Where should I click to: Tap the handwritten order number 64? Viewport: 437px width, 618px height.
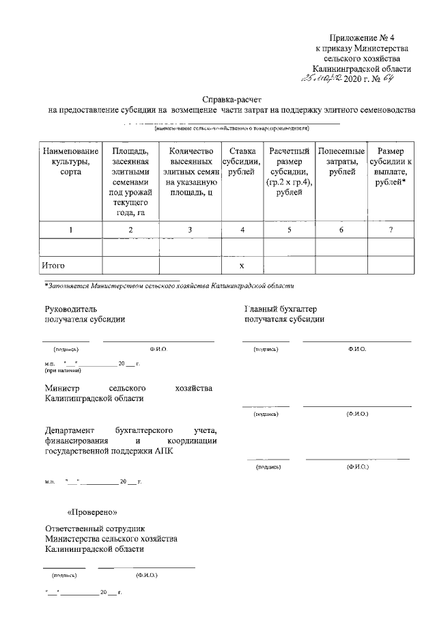pos(388,81)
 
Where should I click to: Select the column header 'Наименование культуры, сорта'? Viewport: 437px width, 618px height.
pos(70,161)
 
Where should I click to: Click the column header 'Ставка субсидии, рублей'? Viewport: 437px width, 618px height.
pos(242,161)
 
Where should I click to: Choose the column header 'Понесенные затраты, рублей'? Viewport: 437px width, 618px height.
pos(341,161)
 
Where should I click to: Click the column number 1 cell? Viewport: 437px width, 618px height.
pos(70,230)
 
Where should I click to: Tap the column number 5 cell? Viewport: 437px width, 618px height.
pos(290,230)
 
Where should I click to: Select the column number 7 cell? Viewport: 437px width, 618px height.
pos(390,230)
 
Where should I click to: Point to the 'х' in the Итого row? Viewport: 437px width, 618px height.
pos(242,264)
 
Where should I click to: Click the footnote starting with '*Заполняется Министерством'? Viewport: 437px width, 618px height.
pos(170,285)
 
